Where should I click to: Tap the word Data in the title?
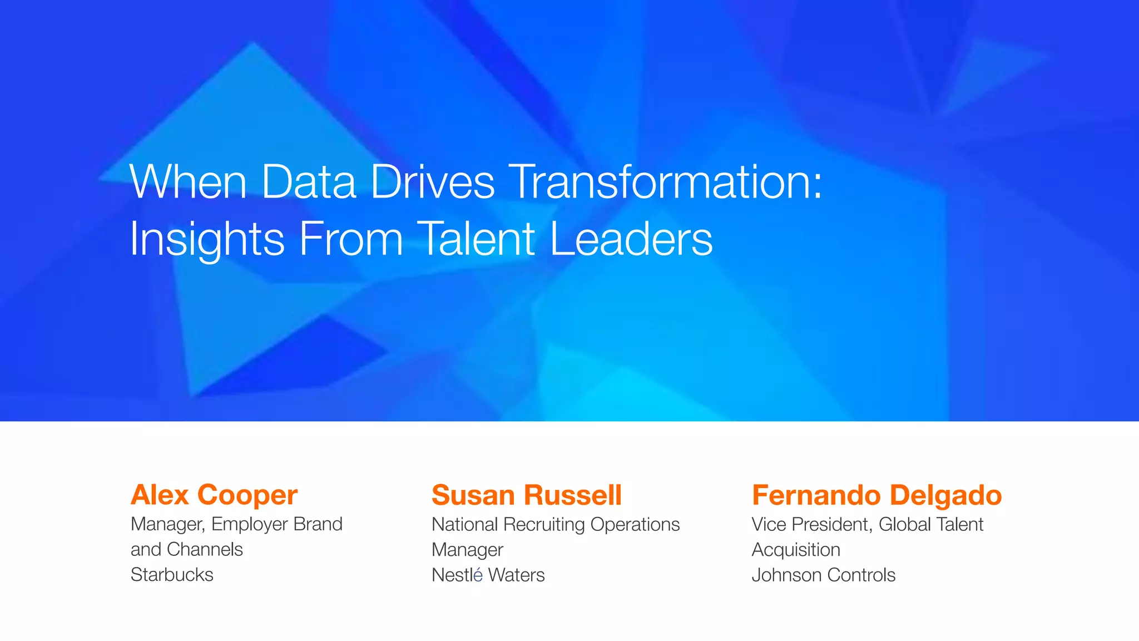tap(308, 182)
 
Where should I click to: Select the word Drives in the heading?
tap(432, 182)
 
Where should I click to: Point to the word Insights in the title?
tap(207, 239)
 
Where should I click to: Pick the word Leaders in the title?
tap(631, 239)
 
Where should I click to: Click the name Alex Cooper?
tap(214, 495)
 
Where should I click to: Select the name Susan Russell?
tap(526, 495)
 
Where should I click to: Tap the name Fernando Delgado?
tap(876, 495)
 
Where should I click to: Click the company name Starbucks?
tap(172, 575)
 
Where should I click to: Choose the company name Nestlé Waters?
tap(488, 575)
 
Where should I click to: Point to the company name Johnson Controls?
tap(823, 575)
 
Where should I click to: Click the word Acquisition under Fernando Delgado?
tap(796, 550)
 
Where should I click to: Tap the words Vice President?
tap(810, 524)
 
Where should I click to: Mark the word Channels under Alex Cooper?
tap(205, 550)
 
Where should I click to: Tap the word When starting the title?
tap(188, 182)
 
